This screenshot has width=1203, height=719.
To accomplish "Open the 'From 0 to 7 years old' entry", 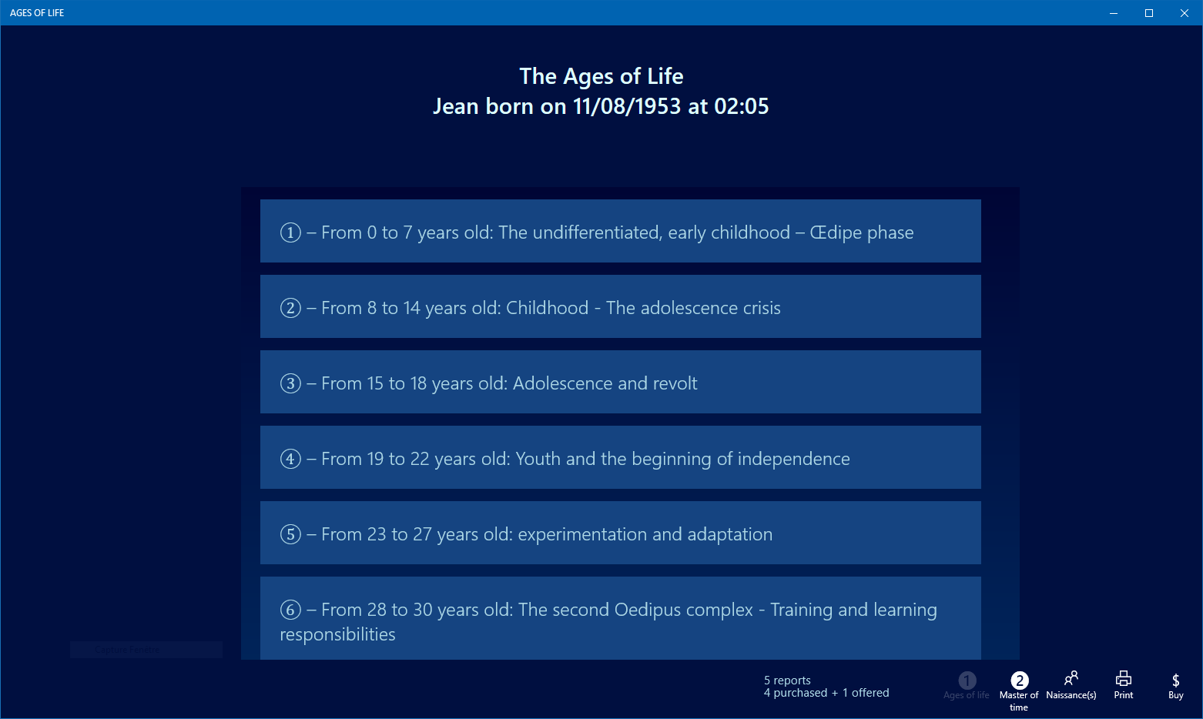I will point(620,232).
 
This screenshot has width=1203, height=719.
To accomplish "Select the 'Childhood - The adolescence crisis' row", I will point(620,307).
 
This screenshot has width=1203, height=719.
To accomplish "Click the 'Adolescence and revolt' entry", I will point(620,383).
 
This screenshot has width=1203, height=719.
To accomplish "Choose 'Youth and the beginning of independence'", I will point(620,458).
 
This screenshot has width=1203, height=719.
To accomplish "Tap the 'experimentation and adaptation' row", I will point(620,533).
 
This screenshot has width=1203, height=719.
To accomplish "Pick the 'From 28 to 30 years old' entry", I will point(620,620).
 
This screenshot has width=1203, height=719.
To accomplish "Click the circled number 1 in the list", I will point(290,232).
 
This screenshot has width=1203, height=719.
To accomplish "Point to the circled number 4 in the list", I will point(290,459).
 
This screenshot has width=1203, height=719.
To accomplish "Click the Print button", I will point(1124,684).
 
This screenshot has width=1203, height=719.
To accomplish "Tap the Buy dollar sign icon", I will point(1175,681).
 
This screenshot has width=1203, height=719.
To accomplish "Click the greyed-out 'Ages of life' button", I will point(967,684).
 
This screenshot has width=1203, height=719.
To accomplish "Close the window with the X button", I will point(1185,13).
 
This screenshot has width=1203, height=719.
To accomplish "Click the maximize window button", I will point(1149,13).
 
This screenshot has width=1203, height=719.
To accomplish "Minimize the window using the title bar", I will point(1114,13).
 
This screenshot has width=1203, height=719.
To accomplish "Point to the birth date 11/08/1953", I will point(627,106).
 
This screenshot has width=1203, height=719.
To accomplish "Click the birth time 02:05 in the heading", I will point(741,106).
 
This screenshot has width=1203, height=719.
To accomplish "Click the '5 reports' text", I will point(787,681).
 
